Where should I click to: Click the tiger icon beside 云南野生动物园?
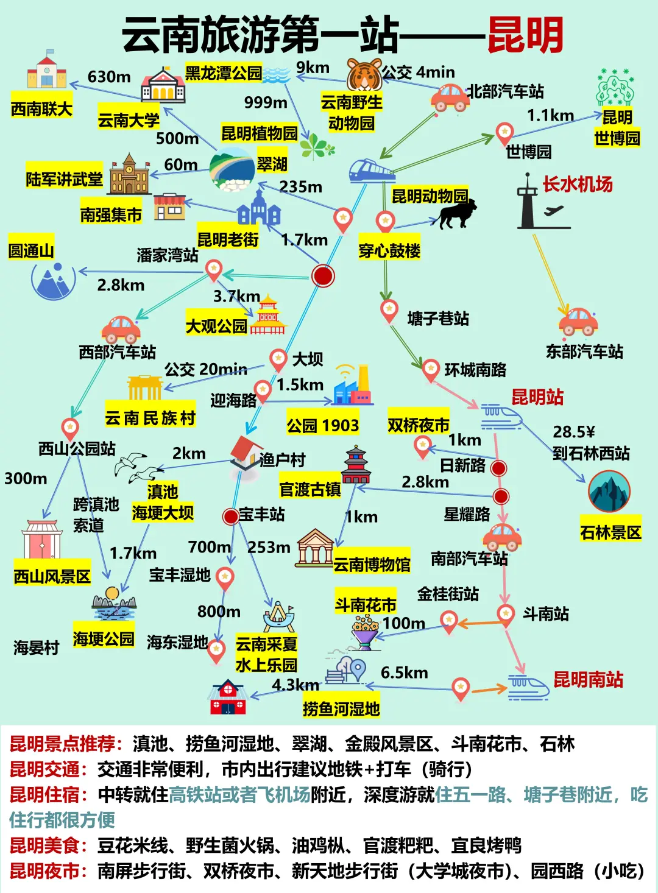(364, 74)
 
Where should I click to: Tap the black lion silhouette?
(456, 214)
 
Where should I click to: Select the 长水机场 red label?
(577, 184)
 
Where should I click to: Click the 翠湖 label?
(272, 164)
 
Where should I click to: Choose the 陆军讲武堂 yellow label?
(64, 179)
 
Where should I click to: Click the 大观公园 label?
(216, 326)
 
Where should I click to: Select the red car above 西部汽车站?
(121, 329)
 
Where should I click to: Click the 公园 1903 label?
(322, 425)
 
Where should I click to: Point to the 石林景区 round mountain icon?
(609, 492)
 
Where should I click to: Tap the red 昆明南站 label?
(588, 679)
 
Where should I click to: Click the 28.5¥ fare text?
(573, 432)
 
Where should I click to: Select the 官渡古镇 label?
(310, 489)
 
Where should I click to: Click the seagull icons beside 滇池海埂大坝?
(139, 467)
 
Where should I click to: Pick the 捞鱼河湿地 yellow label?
(341, 708)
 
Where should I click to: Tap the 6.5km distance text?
(404, 672)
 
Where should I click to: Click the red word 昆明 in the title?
(525, 35)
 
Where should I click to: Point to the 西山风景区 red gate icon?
(42, 540)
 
